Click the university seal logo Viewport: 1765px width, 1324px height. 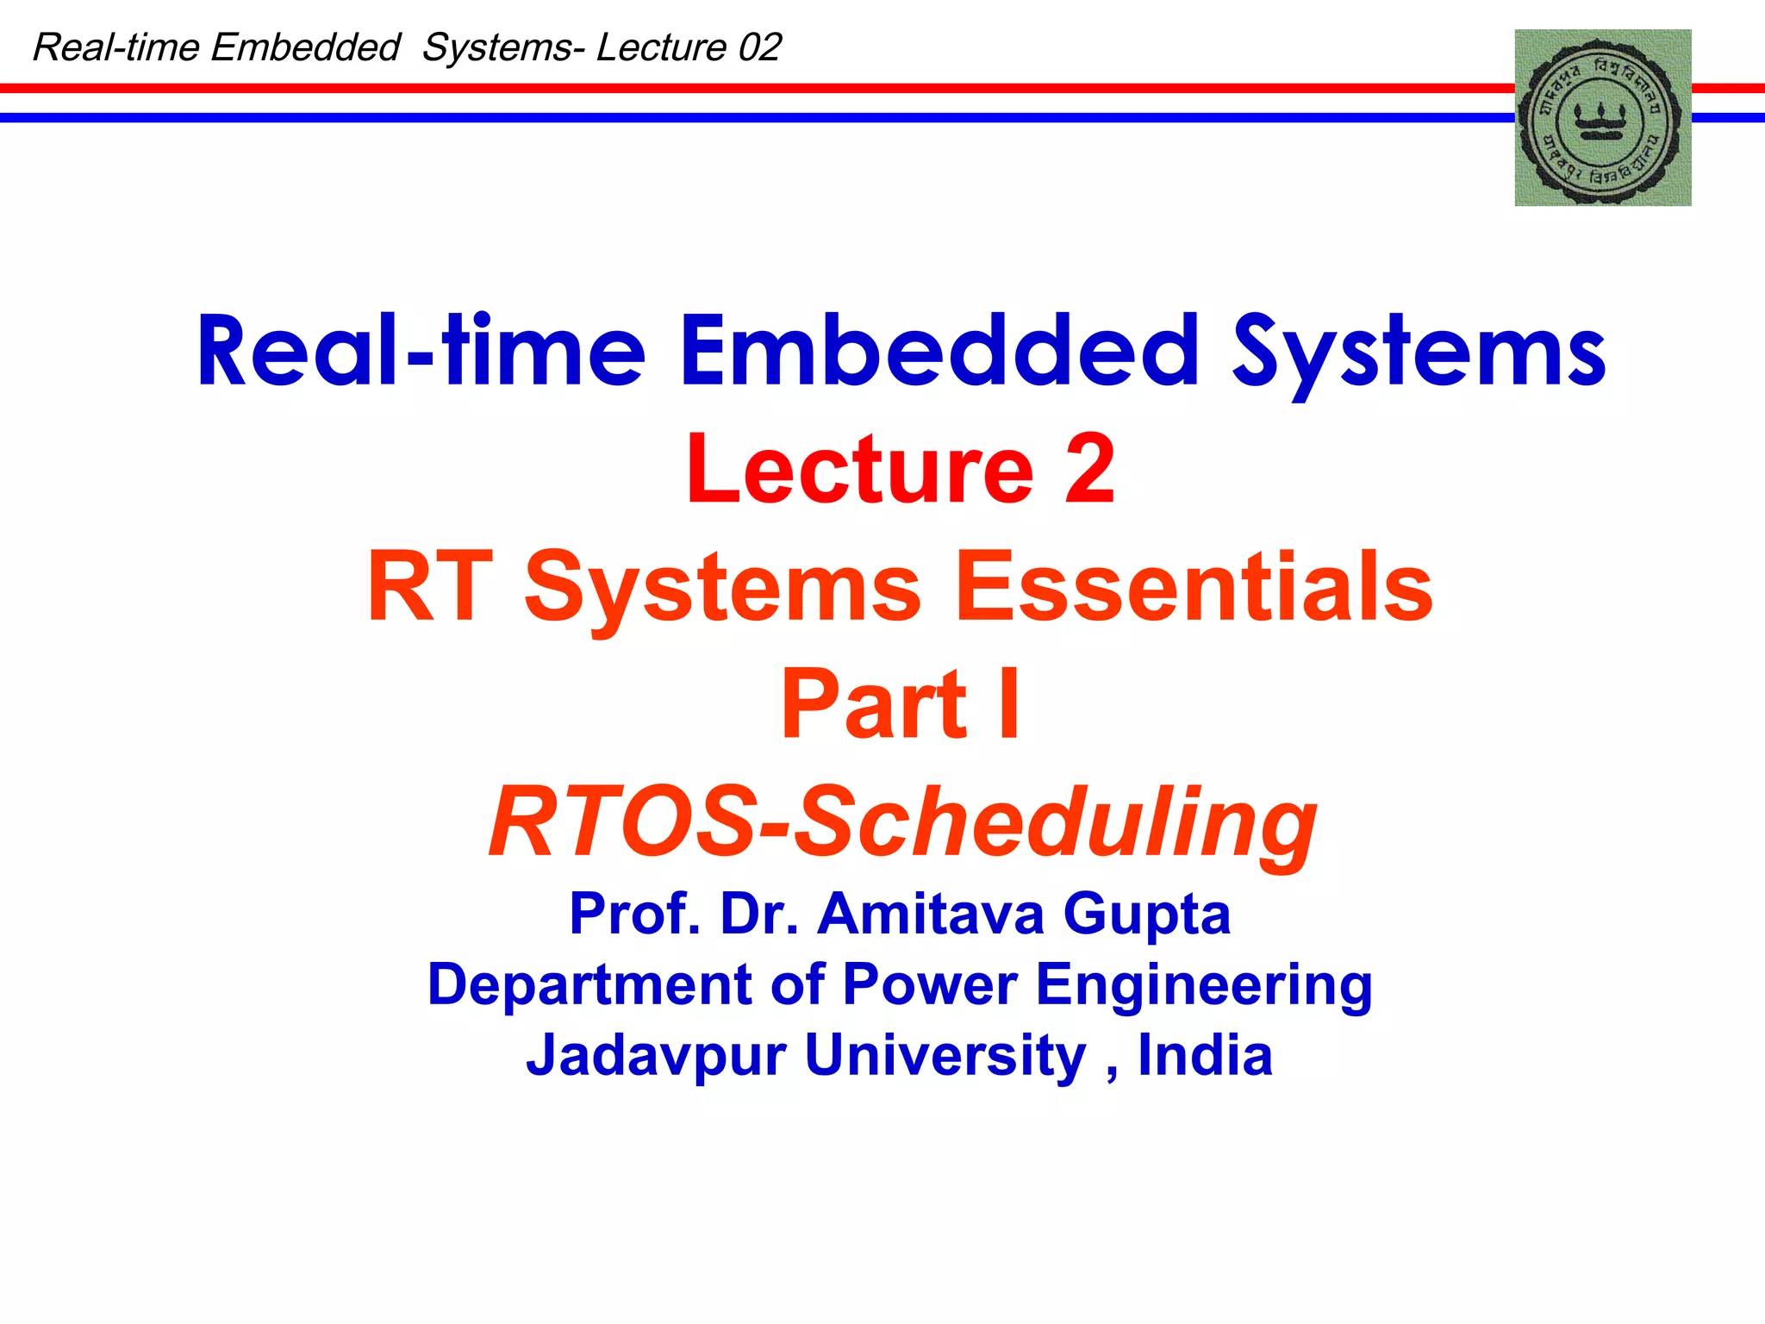1602,118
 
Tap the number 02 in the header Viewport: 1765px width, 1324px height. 759,47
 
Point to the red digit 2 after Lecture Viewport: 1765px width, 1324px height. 1089,470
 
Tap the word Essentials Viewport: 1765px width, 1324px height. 1194,587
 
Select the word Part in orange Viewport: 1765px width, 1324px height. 874,704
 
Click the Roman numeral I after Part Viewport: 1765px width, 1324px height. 1009,704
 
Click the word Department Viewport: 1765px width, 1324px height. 590,985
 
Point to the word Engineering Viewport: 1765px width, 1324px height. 1203,985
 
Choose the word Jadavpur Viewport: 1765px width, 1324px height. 656,1057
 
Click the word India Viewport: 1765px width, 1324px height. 1205,1055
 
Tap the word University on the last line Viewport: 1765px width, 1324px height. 945,1057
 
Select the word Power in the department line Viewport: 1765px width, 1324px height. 929,985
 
